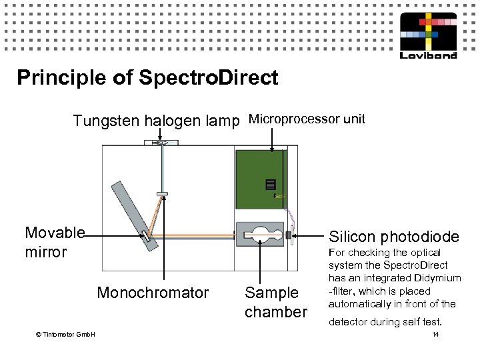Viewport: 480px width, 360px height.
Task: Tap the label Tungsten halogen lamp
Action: (x=157, y=121)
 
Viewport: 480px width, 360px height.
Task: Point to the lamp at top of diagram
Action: (x=159, y=142)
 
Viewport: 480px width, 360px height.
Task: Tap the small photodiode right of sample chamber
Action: (x=289, y=235)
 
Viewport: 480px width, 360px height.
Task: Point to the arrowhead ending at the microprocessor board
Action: (x=273, y=151)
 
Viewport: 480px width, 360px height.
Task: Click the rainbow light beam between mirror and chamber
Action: (x=193, y=235)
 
